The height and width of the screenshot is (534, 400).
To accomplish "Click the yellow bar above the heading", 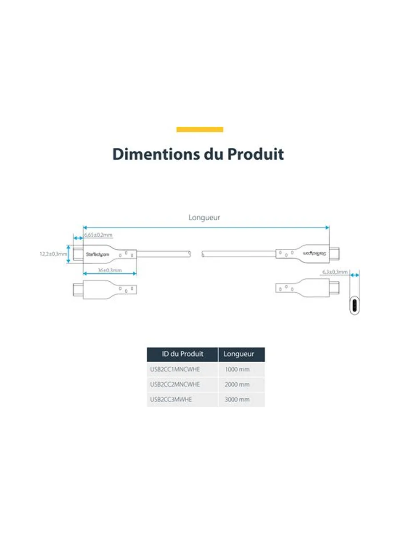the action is (200, 129).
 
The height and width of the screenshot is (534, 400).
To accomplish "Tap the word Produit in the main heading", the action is (255, 154).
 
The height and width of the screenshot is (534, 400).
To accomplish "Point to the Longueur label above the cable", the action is (204, 217).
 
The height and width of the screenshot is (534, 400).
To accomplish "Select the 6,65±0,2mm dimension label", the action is (98, 235).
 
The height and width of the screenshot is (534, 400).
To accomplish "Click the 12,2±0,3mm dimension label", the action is (53, 254).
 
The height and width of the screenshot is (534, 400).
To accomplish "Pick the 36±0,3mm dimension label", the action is (109, 270).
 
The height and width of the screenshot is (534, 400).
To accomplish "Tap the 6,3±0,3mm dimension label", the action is (335, 272).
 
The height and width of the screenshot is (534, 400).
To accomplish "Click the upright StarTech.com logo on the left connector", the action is (97, 255).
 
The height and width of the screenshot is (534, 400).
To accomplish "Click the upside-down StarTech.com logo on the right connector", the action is (314, 254).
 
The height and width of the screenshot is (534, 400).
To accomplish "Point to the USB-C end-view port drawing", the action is (354, 305).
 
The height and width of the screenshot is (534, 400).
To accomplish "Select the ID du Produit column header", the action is (182, 354).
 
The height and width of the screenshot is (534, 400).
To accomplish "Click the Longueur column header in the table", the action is (239, 354).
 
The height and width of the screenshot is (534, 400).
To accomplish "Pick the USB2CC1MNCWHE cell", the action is (175, 369).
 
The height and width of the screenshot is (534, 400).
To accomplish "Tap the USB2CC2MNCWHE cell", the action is (175, 384).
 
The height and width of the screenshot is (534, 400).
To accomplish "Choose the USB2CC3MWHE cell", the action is (171, 400).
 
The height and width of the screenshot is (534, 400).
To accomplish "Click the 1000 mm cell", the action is (237, 369).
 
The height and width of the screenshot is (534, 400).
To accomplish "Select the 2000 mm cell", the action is (237, 384).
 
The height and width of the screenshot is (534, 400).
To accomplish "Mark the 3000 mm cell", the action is (237, 400).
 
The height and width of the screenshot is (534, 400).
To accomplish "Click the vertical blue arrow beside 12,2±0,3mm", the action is (68, 254).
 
